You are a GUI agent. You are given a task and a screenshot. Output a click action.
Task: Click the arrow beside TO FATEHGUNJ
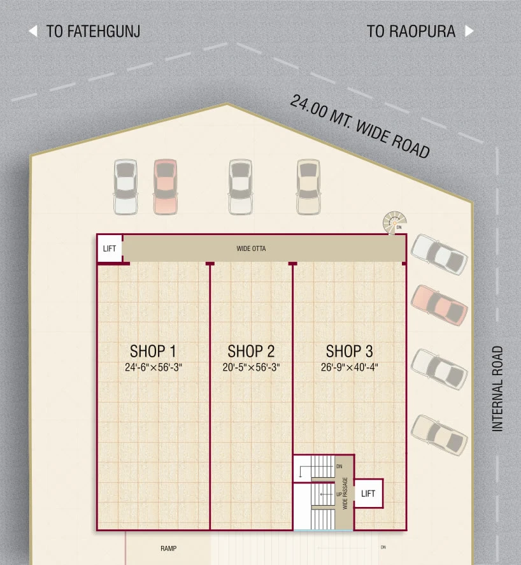[x=33, y=31]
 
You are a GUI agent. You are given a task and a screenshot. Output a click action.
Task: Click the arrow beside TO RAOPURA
[x=469, y=31]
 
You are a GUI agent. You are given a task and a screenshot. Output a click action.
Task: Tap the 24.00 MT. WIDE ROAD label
[x=360, y=126]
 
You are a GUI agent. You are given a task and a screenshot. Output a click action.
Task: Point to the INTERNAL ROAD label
[x=497, y=389]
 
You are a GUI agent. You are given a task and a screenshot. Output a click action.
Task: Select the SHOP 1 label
[x=153, y=351]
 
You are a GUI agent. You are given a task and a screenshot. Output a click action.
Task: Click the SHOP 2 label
[x=251, y=351]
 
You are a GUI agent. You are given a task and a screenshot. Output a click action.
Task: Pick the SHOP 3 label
[x=349, y=351]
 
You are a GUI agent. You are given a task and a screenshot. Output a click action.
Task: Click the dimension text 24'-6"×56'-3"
[x=153, y=367]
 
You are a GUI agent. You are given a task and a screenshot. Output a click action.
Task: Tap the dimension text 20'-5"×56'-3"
[x=251, y=367]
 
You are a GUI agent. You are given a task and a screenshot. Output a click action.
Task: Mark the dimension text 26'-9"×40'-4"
[x=350, y=367]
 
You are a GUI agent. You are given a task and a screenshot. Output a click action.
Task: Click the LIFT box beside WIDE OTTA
[x=110, y=248]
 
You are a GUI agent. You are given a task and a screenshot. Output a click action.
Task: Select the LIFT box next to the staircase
[x=368, y=494]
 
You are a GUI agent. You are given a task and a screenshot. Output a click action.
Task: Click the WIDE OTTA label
[x=251, y=248]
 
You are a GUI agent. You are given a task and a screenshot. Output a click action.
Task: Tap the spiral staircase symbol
[x=394, y=223]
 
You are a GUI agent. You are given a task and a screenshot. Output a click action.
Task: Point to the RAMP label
[x=168, y=548]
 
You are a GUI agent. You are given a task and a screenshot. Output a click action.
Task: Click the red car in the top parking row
[x=166, y=187]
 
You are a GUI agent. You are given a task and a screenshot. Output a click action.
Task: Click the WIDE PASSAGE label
[x=345, y=493]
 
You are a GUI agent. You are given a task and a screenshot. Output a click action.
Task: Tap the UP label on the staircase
[x=339, y=494]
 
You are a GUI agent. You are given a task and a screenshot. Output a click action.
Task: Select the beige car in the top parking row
[x=308, y=187]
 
